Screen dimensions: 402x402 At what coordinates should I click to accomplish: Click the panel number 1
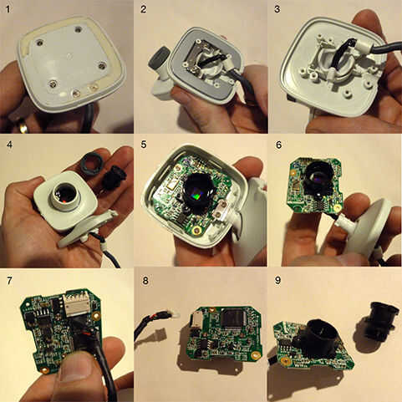coord(8,9)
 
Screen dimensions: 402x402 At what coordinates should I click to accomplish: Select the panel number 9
coord(277,281)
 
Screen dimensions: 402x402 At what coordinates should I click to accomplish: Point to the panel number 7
coord(9,281)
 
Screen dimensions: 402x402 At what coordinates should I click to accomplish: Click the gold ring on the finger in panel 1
coord(23,128)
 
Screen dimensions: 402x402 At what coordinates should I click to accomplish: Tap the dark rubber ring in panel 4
coord(92,164)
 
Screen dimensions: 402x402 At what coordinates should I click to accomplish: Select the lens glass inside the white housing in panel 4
coord(66,194)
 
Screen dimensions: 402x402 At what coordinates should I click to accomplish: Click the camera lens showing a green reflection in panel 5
coord(199,193)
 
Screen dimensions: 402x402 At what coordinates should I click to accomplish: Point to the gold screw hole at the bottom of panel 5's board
coord(197,231)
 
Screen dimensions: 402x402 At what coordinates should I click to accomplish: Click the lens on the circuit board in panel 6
coord(318,177)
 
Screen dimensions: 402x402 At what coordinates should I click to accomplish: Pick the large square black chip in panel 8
coord(233,319)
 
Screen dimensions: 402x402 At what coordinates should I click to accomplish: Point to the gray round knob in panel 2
coord(159,59)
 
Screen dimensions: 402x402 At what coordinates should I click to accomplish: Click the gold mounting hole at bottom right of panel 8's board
coord(254,355)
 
